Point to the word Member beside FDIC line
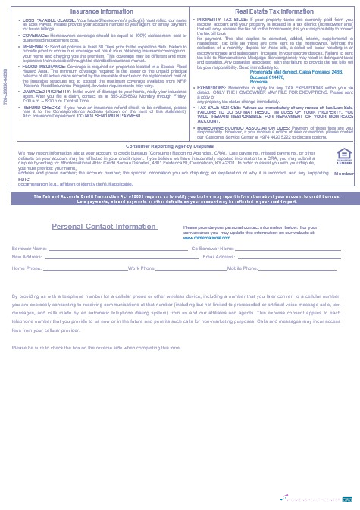click(343, 173)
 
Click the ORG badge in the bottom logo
click(347, 500)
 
